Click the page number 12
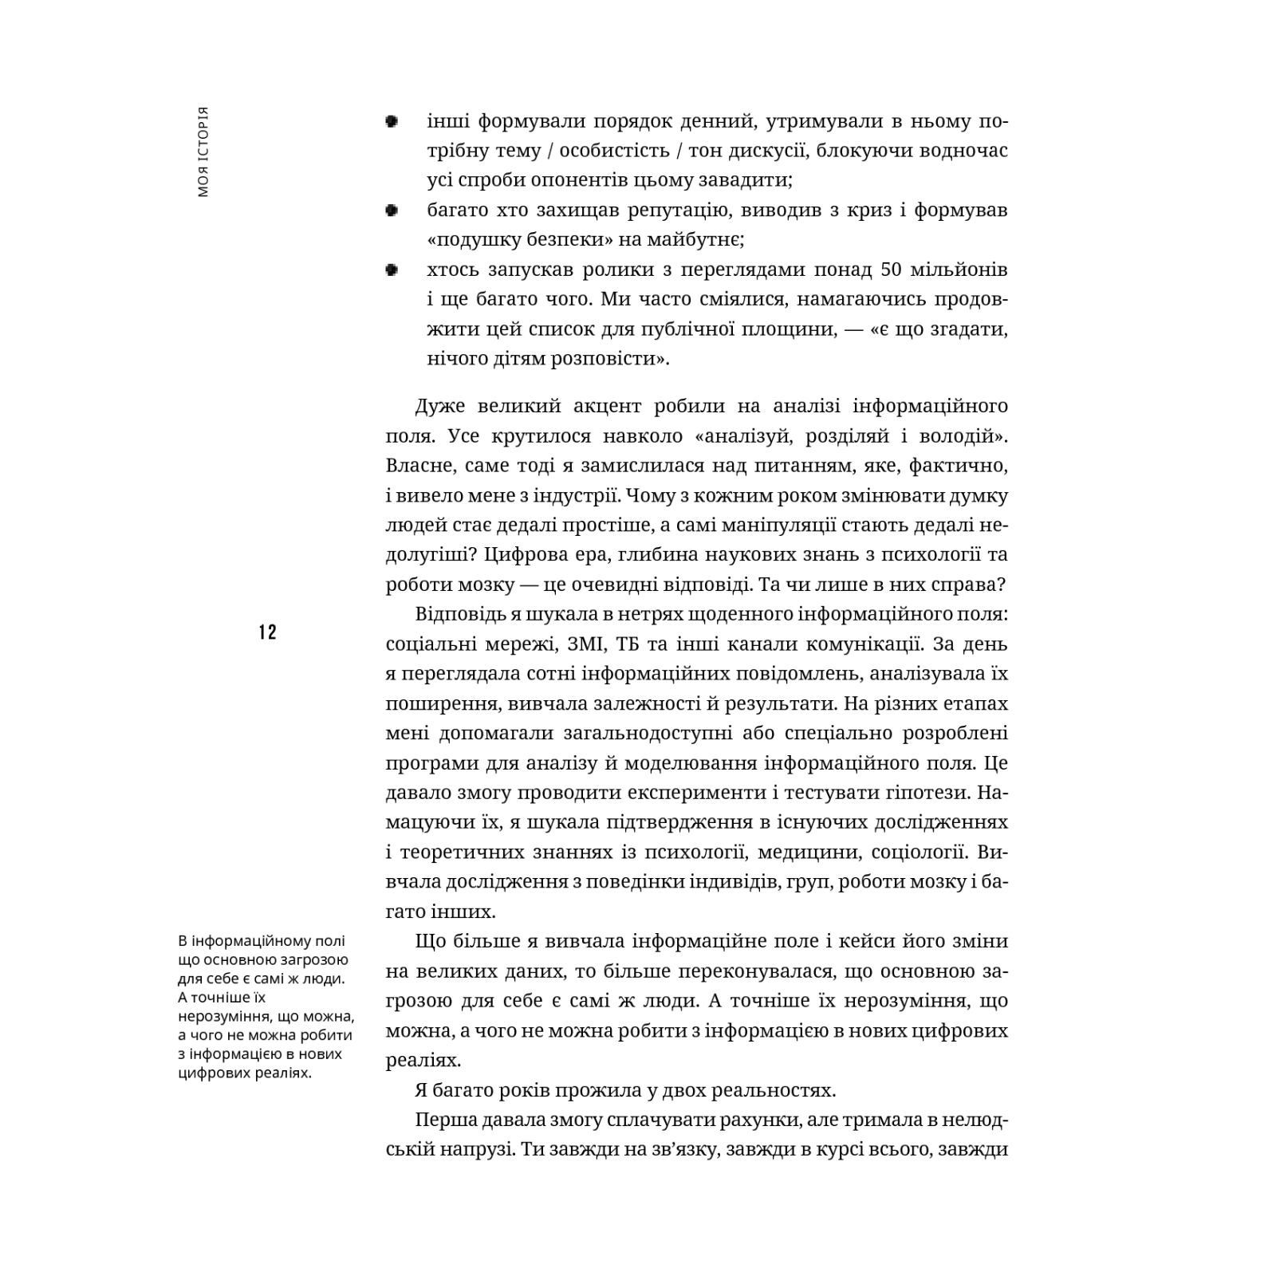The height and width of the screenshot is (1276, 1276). [267, 632]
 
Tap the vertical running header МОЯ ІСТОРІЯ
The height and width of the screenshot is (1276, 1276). [203, 151]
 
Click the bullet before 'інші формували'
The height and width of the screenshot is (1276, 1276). [392, 122]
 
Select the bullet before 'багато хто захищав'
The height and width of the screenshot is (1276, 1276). [392, 211]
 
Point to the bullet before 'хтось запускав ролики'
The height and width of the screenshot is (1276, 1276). [392, 270]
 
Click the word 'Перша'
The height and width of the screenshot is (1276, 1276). [444, 1120]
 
